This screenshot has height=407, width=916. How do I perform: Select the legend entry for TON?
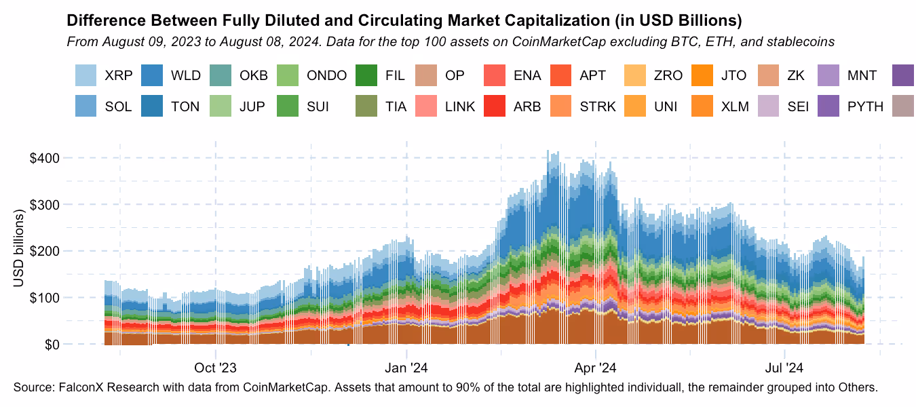pyautogui.click(x=185, y=107)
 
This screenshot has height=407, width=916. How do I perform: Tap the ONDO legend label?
pyautogui.click(x=327, y=75)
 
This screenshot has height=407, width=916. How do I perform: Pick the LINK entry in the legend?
pyautogui.click(x=459, y=107)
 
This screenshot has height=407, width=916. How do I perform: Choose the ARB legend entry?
pyautogui.click(x=527, y=107)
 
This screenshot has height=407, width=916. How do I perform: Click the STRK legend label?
pyautogui.click(x=598, y=107)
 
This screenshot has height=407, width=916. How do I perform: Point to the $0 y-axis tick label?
pyautogui.click(x=53, y=345)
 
